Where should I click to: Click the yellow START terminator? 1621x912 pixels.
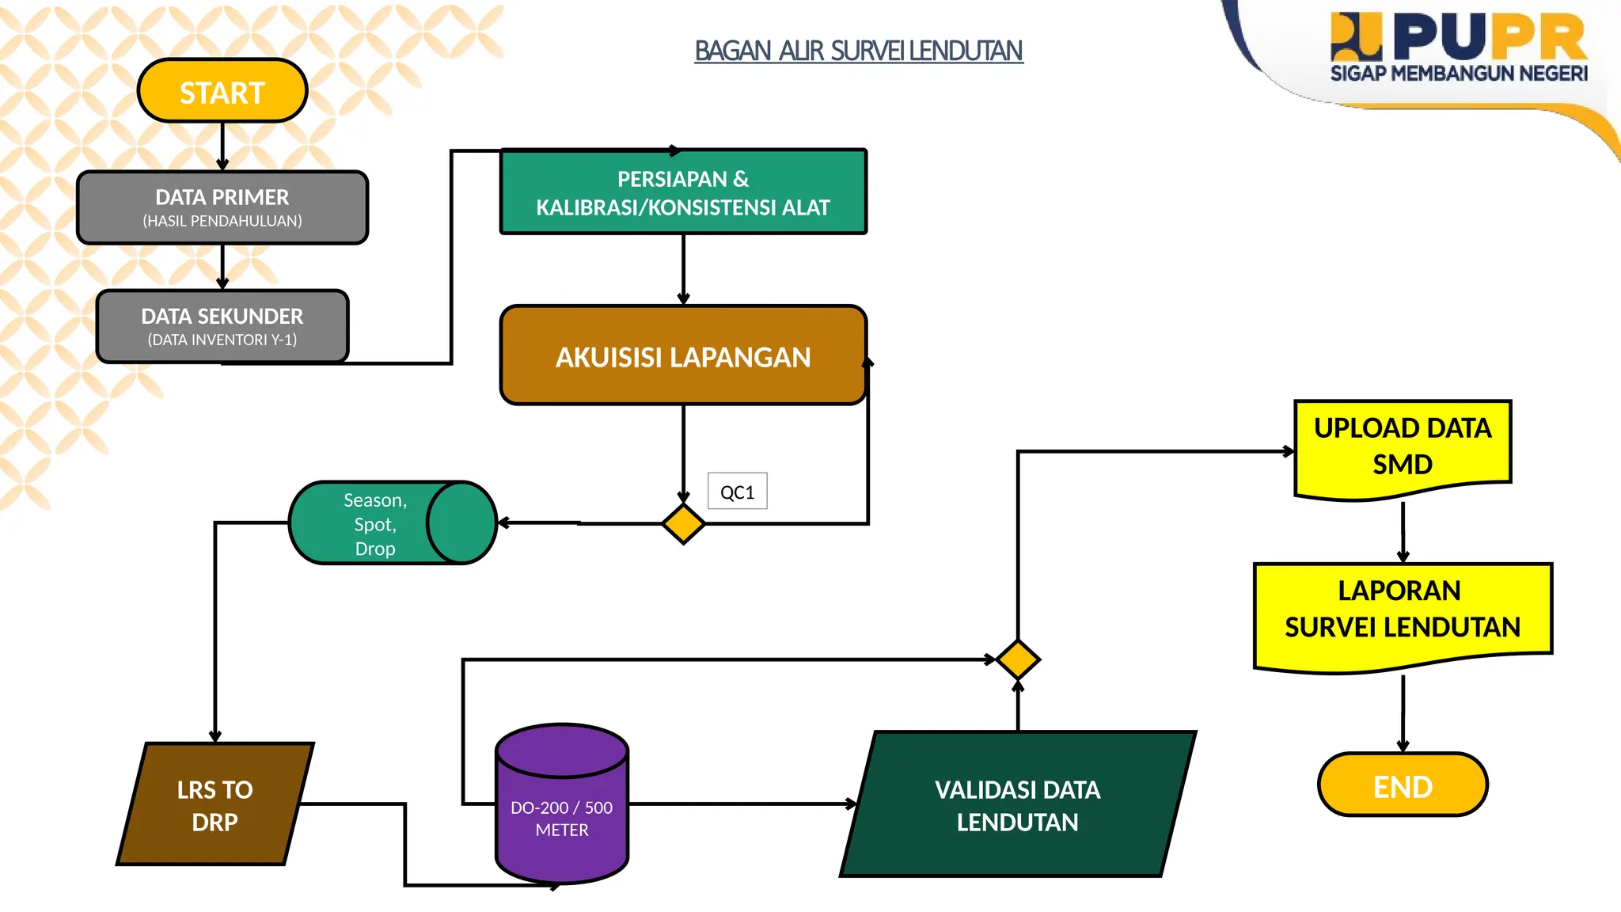pyautogui.click(x=222, y=91)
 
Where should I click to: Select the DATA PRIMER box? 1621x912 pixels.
pyautogui.click(x=222, y=207)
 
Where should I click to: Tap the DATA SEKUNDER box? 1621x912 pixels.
pyautogui.click(x=222, y=326)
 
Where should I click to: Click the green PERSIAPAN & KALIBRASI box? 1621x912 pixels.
pyautogui.click(x=683, y=192)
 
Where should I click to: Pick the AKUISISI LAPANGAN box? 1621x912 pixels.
pyautogui.click(x=683, y=356)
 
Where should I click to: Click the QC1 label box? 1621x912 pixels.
pyautogui.click(x=737, y=492)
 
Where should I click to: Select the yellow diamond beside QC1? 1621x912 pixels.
pyautogui.click(x=683, y=523)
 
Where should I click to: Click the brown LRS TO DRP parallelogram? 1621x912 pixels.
pyautogui.click(x=214, y=804)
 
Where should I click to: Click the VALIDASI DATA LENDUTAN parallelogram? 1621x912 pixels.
pyautogui.click(x=1017, y=804)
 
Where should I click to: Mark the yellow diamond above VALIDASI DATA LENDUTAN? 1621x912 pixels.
pyautogui.click(x=1018, y=659)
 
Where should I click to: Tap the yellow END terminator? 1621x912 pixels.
pyautogui.click(x=1403, y=785)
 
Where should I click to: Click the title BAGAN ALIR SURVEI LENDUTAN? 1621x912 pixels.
pyautogui.click(x=858, y=51)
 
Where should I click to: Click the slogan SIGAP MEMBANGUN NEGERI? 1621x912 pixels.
pyautogui.click(x=1458, y=74)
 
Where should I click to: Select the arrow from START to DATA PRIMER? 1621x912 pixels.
pyautogui.click(x=222, y=146)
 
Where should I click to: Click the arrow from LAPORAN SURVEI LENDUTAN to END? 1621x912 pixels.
pyautogui.click(x=1403, y=712)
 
